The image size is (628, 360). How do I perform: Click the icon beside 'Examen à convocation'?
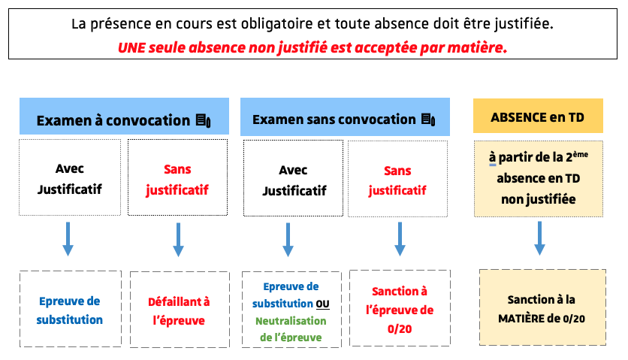pyautogui.click(x=203, y=119)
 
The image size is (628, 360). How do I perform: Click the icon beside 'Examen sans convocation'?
pyautogui.click(x=427, y=119)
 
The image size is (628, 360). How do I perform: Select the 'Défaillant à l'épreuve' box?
pyautogui.click(x=179, y=310)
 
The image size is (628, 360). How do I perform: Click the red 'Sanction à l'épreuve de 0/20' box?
pyautogui.click(x=402, y=310)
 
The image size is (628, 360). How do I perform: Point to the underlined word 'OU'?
pyautogui.click(x=322, y=304)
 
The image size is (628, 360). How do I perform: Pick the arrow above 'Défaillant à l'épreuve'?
pyautogui.click(x=178, y=239)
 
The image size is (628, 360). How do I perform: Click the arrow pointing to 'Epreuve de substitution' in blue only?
pyautogui.click(x=68, y=239)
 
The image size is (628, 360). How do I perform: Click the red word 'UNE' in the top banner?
pyautogui.click(x=134, y=47)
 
